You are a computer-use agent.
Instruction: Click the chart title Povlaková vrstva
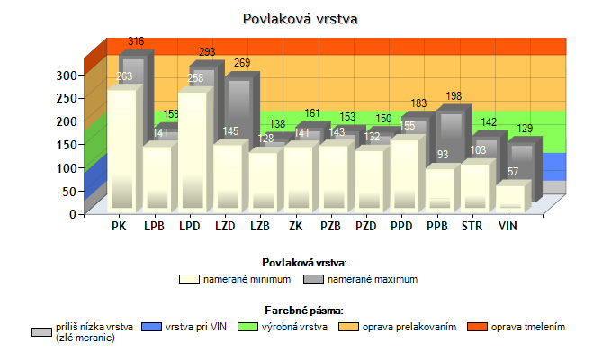pyautogui.click(x=301, y=18)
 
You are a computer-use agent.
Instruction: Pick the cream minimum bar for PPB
pyautogui.click(x=439, y=189)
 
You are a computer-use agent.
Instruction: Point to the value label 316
pyautogui.click(x=136, y=42)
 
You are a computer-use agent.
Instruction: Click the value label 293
pyautogui.click(x=207, y=52)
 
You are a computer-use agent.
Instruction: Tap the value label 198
pyautogui.click(x=453, y=96)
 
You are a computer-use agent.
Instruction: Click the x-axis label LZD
pyautogui.click(x=225, y=226)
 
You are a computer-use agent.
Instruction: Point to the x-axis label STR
pyautogui.click(x=472, y=226)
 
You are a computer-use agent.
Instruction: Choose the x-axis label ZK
pyautogui.click(x=295, y=226)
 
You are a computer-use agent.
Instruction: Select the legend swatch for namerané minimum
pyautogui.click(x=187, y=279)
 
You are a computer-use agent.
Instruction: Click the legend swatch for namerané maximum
pyautogui.click(x=301, y=279)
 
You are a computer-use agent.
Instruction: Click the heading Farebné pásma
pyautogui.click(x=304, y=310)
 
